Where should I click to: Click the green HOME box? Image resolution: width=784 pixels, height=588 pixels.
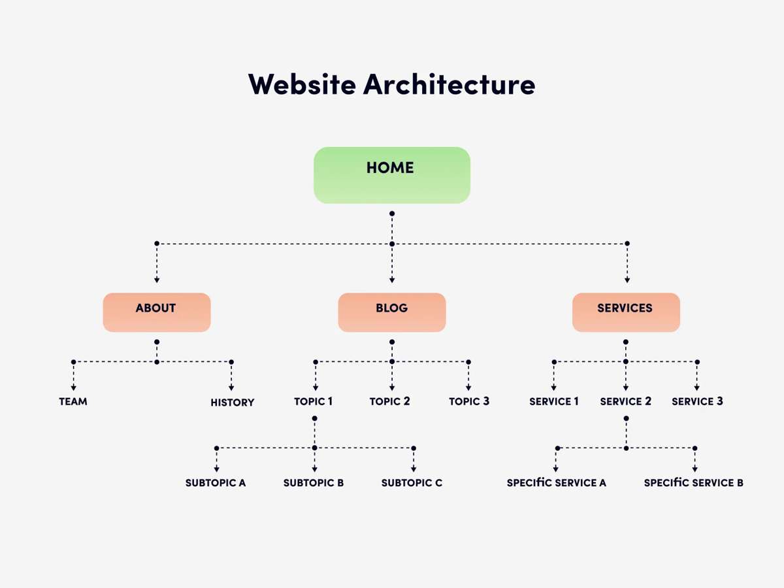click(391, 174)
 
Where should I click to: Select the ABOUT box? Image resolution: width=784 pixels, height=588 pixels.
click(156, 312)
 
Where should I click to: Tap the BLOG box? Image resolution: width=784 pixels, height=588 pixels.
click(391, 312)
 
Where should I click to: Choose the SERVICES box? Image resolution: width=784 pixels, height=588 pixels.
click(625, 312)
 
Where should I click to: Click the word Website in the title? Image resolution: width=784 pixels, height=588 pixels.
click(302, 84)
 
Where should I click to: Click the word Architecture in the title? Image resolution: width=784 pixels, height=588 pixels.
click(449, 84)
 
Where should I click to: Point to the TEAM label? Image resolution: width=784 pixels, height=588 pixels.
click(73, 402)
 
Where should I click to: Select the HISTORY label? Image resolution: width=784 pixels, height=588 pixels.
click(232, 402)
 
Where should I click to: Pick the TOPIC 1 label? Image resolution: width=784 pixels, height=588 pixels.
click(314, 401)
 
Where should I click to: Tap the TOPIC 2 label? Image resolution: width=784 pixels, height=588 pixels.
click(390, 401)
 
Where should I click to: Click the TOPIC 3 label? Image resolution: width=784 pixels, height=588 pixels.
click(469, 401)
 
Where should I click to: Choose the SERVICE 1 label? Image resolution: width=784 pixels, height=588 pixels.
click(554, 401)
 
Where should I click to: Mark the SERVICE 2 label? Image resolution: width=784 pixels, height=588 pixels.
click(625, 401)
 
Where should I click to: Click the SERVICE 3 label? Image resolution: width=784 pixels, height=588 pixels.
click(697, 401)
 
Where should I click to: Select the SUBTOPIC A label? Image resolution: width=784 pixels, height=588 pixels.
click(216, 483)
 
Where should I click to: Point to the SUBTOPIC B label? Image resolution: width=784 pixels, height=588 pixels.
click(314, 483)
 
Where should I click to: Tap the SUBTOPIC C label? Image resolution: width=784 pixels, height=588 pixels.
click(412, 483)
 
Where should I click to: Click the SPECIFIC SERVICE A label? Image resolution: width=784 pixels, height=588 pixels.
click(557, 483)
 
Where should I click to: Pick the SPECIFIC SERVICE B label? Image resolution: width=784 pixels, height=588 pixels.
click(693, 483)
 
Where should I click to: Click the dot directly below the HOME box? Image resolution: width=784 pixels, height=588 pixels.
click(392, 214)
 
